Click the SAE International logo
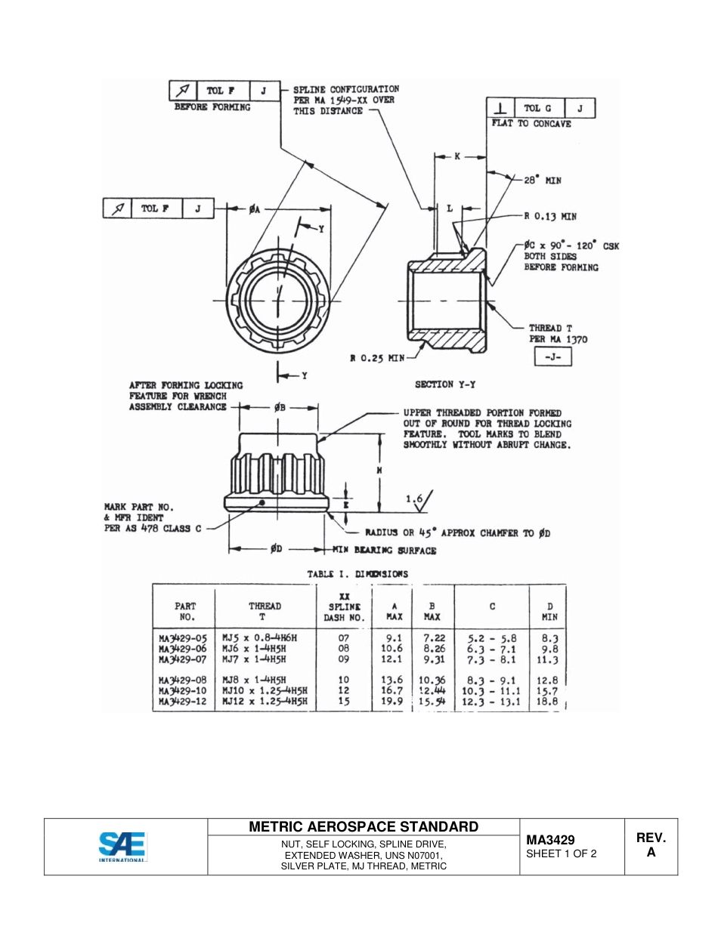pos(122,847)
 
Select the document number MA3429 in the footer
pos(550,839)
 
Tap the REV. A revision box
pos(651,845)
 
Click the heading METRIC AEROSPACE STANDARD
pos(364,826)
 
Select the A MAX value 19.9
pos(391,702)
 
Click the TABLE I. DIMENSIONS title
pos(357,574)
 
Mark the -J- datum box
pos(552,357)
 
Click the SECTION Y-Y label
pos(445,384)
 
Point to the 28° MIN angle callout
pos(543,181)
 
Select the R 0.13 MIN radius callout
pos(550,216)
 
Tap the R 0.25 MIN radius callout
pos(377,357)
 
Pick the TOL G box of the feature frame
pos(538,108)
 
